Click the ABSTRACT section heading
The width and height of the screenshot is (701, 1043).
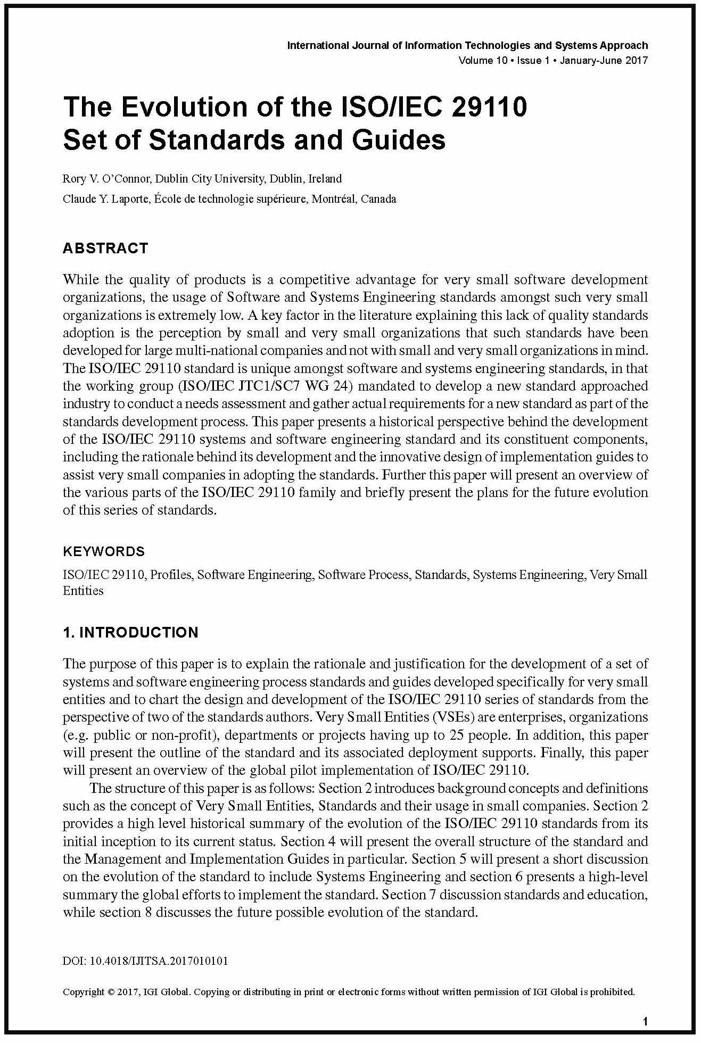pyautogui.click(x=105, y=249)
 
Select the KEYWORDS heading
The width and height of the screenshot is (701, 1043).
pyautogui.click(x=104, y=551)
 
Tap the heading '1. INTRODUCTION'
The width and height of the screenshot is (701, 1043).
pyautogui.click(x=130, y=632)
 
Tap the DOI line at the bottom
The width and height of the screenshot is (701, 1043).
pyautogui.click(x=145, y=961)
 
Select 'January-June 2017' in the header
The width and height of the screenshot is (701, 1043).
pyautogui.click(x=604, y=60)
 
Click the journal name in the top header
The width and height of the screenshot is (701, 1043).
pyautogui.click(x=467, y=45)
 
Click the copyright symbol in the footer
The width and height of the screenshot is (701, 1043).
pyautogui.click(x=111, y=992)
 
